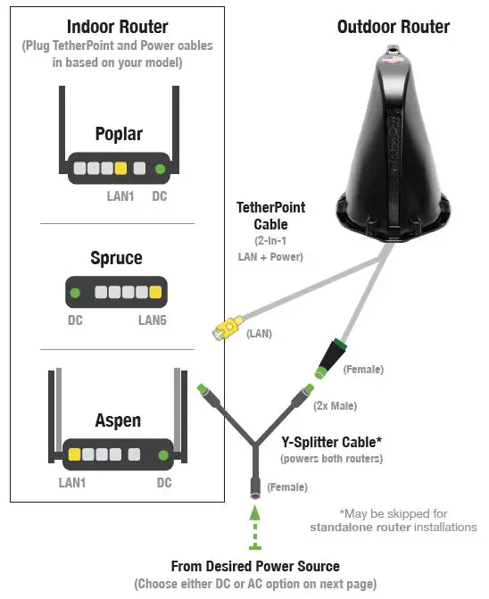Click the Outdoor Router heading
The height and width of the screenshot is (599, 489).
394,27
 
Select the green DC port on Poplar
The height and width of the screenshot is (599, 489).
160,168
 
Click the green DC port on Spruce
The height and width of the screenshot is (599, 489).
76,292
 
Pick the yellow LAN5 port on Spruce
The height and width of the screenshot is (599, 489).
154,292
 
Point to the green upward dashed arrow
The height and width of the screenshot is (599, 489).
255,527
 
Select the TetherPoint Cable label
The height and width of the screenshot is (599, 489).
270,215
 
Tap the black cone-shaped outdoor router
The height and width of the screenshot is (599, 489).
394,152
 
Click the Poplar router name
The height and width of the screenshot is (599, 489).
119,134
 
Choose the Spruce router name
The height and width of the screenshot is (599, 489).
116,258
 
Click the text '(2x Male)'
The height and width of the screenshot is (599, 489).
334,407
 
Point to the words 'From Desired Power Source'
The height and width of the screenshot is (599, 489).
255,567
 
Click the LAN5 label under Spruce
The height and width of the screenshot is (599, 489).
153,319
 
